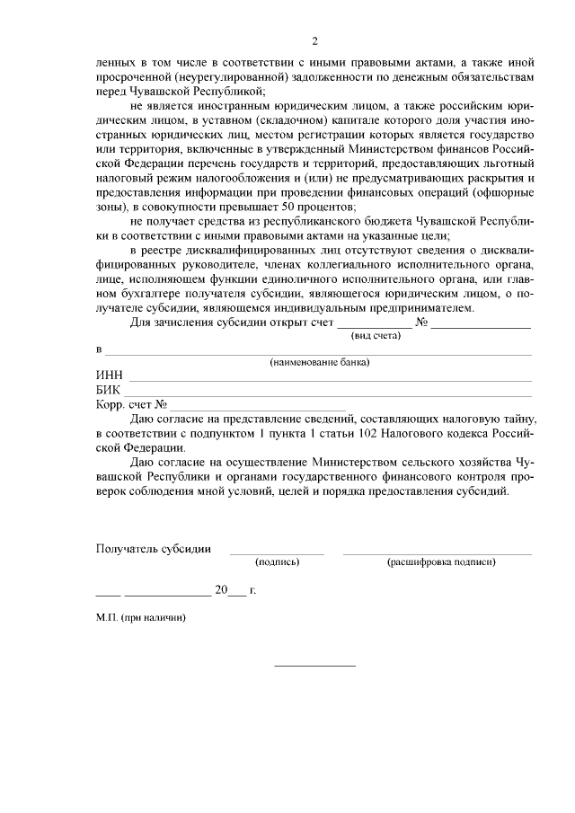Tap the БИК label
[x=109, y=391]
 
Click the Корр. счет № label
[x=131, y=405]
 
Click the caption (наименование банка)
[x=320, y=362]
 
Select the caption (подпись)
[x=277, y=561]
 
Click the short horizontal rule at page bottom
[x=314, y=666]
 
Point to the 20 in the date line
[x=222, y=591]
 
